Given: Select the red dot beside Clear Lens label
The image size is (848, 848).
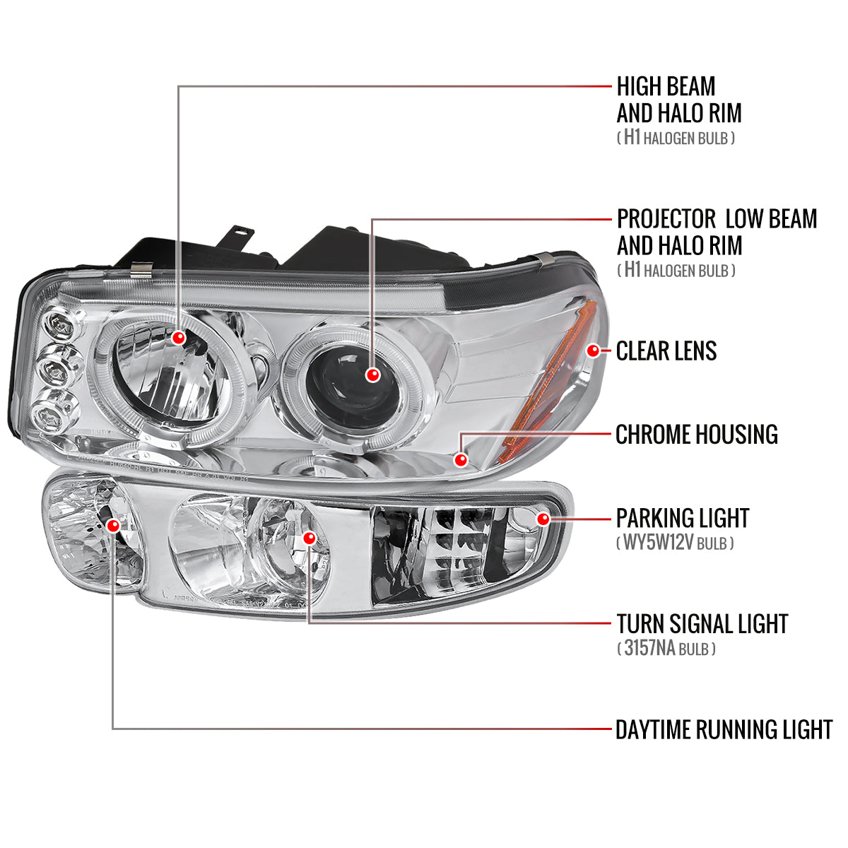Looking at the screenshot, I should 593,351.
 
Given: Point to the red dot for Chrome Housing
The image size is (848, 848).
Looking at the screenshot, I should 462,460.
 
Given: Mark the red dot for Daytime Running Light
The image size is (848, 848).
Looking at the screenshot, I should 113,525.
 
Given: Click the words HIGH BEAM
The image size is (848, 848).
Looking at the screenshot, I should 666,86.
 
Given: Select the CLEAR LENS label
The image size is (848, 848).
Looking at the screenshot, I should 666,351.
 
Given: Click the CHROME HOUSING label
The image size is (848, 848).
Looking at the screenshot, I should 696,435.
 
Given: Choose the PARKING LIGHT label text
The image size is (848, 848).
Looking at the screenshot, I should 682,518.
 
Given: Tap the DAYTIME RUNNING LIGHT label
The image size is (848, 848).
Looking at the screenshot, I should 724,729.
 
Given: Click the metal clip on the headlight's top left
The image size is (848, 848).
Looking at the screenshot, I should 142,269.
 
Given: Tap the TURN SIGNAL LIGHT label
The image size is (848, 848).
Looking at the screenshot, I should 702,624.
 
